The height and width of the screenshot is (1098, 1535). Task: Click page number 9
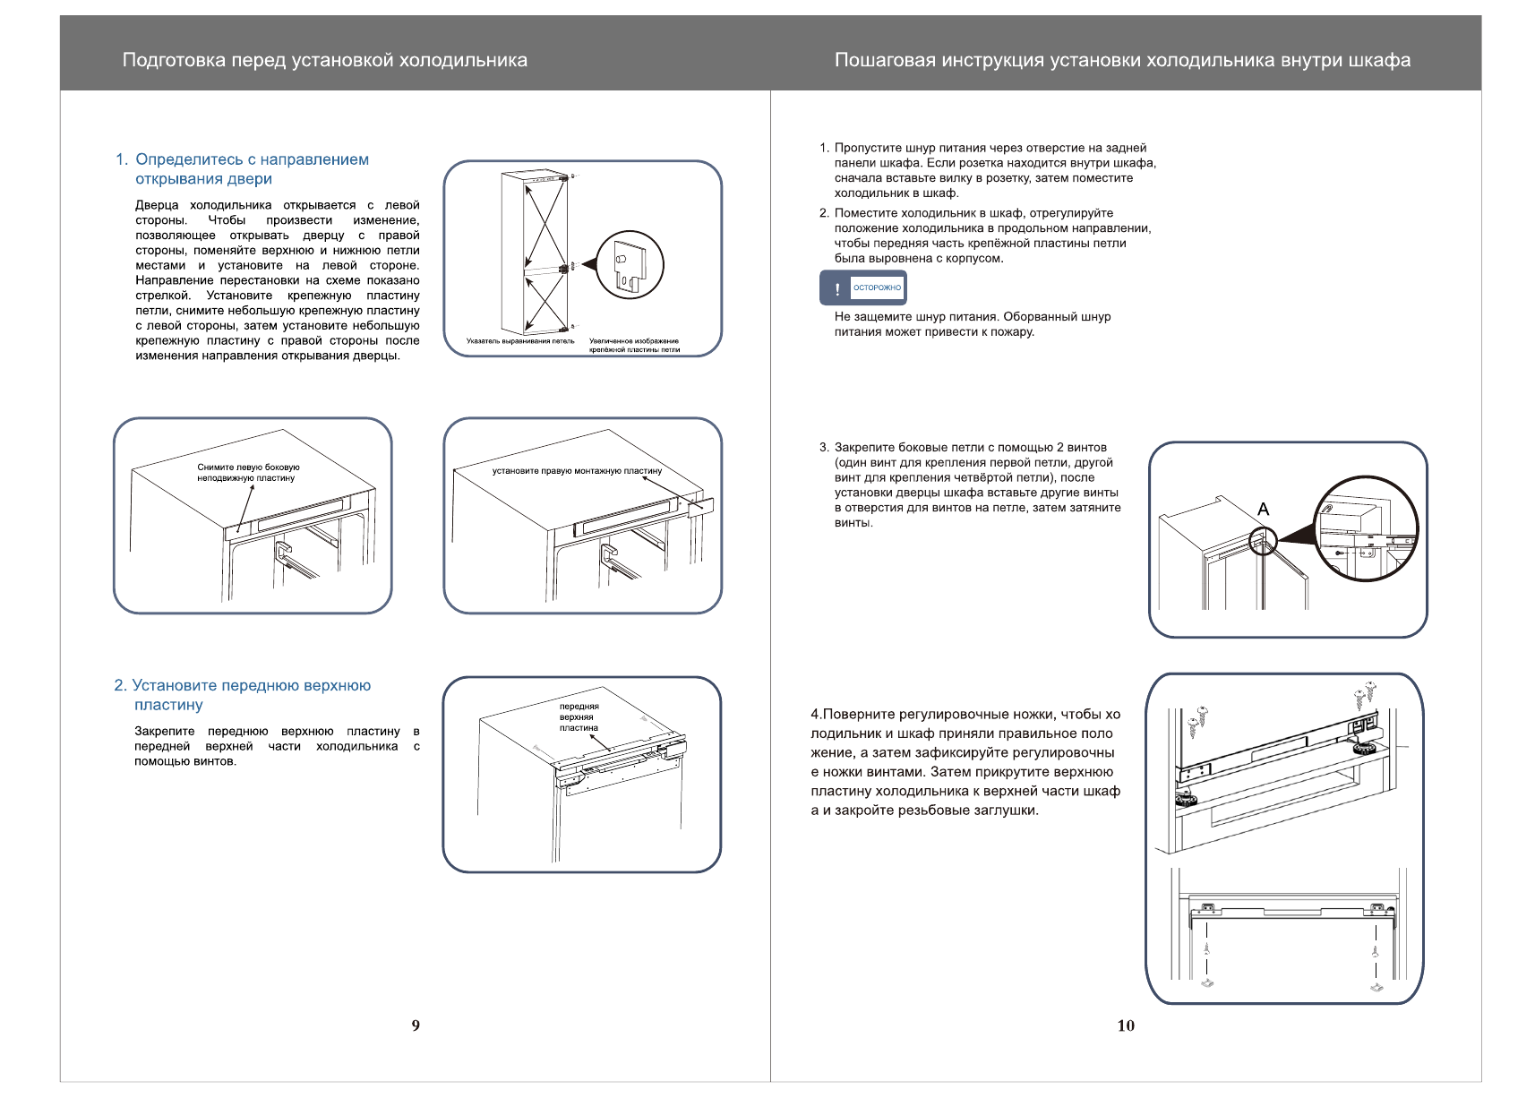click(x=416, y=1025)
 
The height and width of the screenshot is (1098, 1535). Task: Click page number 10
click(x=1126, y=1025)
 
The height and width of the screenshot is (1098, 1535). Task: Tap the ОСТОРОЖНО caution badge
click(x=877, y=287)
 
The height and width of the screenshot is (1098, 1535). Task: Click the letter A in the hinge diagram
click(x=1263, y=510)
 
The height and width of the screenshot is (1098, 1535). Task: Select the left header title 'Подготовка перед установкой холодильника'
click(x=324, y=60)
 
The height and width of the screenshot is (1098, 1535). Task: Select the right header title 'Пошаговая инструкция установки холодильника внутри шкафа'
click(x=1122, y=60)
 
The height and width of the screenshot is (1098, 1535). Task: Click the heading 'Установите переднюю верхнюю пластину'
click(x=242, y=695)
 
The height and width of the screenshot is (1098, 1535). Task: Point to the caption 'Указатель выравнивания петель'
click(x=520, y=341)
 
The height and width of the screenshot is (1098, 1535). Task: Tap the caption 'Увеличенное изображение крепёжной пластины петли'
click(x=634, y=346)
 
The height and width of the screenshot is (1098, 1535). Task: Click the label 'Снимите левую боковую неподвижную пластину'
click(x=248, y=472)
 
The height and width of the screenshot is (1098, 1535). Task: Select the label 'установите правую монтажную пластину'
click(x=577, y=470)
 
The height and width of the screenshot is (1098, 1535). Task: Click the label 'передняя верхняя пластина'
click(x=579, y=716)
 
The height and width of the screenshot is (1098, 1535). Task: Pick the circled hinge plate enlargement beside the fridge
click(x=630, y=265)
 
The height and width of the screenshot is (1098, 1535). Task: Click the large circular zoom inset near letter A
click(x=1366, y=528)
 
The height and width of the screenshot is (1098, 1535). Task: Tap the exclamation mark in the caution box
click(x=837, y=288)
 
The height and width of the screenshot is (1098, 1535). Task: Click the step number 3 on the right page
click(x=823, y=448)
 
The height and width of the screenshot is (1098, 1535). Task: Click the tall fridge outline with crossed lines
click(x=534, y=253)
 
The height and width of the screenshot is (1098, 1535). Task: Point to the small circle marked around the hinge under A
click(x=1262, y=541)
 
